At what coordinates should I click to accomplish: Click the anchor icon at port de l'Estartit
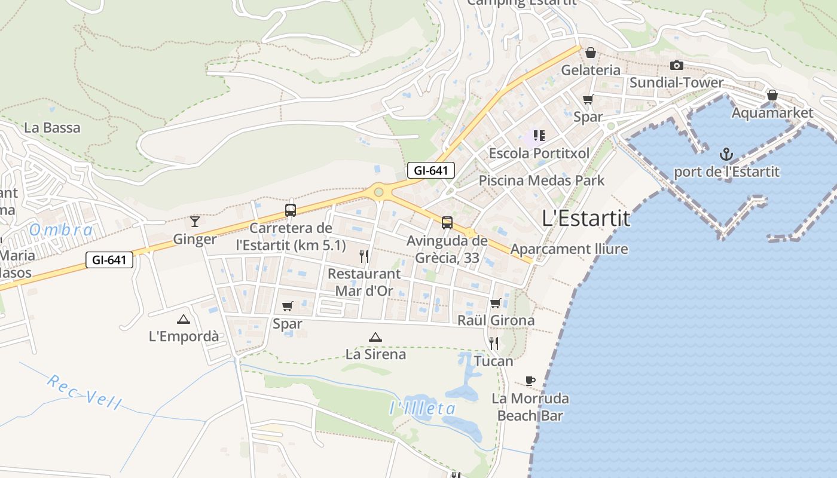726,155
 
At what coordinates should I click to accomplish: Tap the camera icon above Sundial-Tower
676,65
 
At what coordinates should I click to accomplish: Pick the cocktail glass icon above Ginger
195,222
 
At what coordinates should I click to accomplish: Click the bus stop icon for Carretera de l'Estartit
291,210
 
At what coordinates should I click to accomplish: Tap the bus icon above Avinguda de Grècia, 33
447,223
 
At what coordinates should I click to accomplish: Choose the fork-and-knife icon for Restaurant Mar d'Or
364,256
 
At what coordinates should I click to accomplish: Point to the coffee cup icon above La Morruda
530,381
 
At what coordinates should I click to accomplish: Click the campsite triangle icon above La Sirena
375,337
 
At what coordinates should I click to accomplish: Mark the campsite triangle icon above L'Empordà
184,319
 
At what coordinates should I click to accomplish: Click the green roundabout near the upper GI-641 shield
378,192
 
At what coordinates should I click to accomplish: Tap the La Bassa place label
52,127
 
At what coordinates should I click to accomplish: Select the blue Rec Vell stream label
84,392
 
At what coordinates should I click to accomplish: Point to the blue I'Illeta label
422,409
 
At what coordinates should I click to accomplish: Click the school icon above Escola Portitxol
539,136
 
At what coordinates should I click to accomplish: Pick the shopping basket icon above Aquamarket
772,95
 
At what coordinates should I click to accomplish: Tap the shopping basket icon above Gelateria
591,53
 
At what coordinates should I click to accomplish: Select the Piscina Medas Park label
542,180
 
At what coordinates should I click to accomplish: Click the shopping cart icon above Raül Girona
495,303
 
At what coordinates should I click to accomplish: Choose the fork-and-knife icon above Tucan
494,343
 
